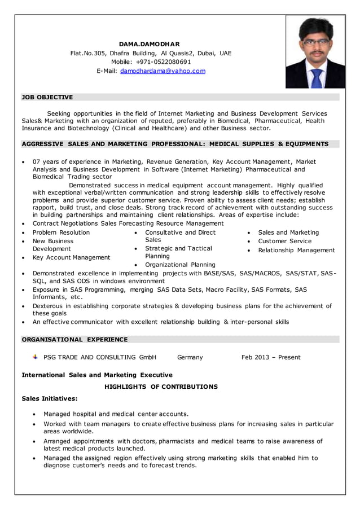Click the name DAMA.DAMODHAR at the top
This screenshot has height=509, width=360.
pos(150,44)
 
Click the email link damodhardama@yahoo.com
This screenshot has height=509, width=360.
pos(163,71)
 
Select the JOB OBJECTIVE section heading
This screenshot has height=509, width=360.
pos(47,97)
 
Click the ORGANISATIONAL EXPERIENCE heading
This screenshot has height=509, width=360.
pos(74,339)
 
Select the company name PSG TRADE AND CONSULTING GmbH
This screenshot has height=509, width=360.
pos(100,357)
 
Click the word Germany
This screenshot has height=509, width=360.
pos(190,357)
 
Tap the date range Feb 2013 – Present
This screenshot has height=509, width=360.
pos(271,357)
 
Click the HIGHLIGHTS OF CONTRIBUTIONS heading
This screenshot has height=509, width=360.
pos(161,387)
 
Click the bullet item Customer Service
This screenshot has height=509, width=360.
pos(284,241)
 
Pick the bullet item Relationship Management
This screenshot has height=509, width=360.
pos(296,250)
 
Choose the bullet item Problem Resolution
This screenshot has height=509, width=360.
pos(61,232)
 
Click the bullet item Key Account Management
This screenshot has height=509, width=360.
pos(71,257)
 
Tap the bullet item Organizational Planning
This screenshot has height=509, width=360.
pos(180,265)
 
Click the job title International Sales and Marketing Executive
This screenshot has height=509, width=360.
pos(97,375)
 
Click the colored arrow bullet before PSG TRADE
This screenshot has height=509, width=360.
pos(35,357)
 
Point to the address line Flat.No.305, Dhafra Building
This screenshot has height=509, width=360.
pos(151,53)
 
